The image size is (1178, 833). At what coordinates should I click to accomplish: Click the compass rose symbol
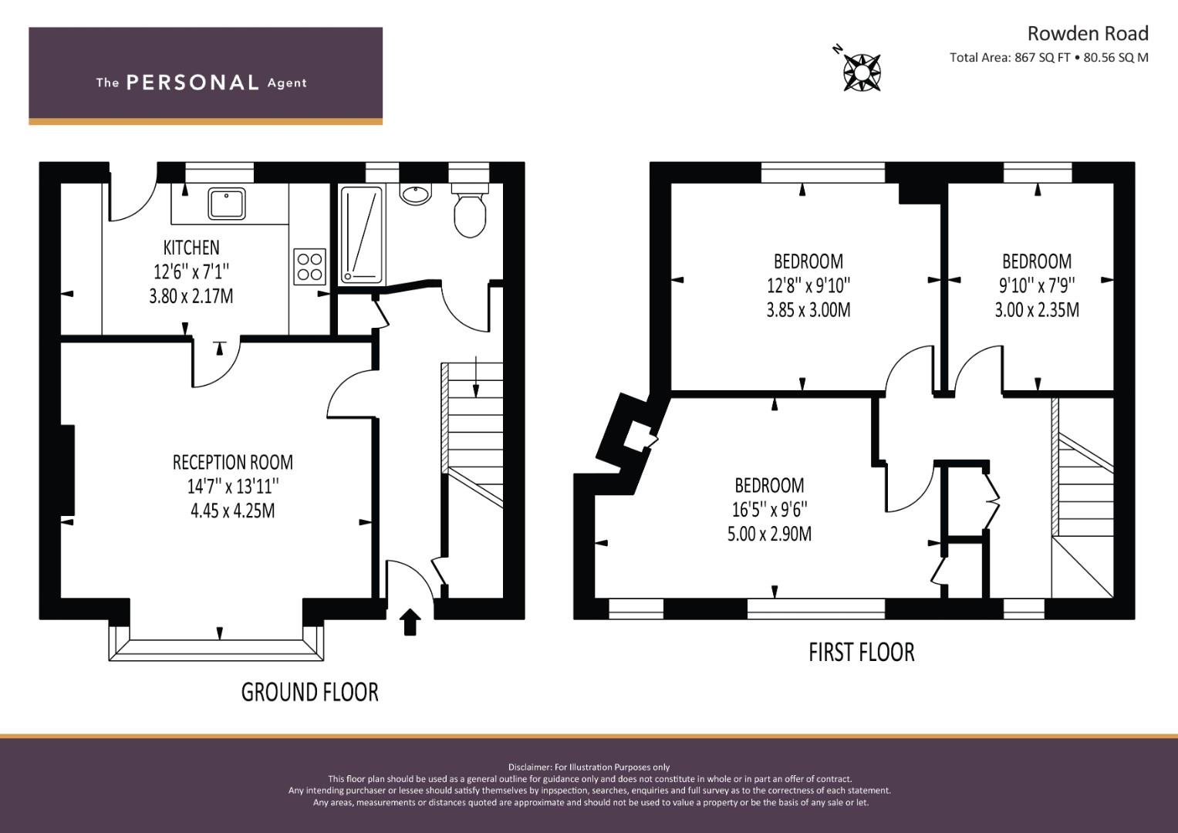(x=862, y=73)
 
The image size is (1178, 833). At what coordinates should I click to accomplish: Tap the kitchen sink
(x=227, y=204)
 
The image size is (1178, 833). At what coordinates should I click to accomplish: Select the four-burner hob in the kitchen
(x=309, y=267)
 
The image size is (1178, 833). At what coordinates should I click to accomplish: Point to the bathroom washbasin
(x=416, y=194)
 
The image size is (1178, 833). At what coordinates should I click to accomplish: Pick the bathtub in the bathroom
(x=362, y=234)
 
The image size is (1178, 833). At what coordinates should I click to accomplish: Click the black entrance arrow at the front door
(x=410, y=622)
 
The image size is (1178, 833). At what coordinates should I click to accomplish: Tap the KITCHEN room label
(x=191, y=248)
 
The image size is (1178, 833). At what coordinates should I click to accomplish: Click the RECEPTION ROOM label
(x=232, y=462)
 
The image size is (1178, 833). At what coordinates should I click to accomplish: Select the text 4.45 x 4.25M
(x=232, y=511)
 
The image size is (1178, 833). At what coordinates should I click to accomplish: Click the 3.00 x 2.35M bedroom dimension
(x=1037, y=310)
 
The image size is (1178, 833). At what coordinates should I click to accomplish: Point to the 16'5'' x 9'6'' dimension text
(x=769, y=509)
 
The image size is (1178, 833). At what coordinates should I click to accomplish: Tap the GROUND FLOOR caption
(x=310, y=692)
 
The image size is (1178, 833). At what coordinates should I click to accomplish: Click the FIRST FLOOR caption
(x=862, y=652)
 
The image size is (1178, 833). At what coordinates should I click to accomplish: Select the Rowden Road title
(x=1088, y=34)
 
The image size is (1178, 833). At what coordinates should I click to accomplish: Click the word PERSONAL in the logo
(x=193, y=83)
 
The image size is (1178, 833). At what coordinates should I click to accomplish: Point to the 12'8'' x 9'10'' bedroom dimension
(x=808, y=285)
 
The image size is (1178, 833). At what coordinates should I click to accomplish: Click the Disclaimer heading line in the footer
(x=589, y=767)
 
